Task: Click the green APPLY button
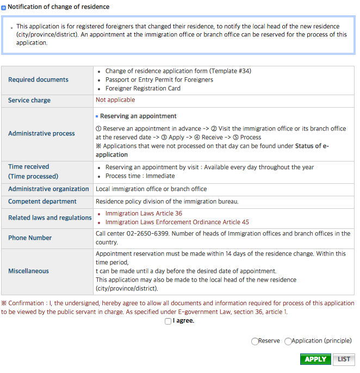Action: pyautogui.click(x=315, y=359)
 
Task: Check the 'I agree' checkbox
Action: pyautogui.click(x=167, y=321)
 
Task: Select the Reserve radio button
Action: pyautogui.click(x=255, y=341)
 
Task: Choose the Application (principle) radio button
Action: pyautogui.click(x=288, y=341)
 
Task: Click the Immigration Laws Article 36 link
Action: pyautogui.click(x=144, y=214)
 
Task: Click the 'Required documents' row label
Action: pyautogui.click(x=38, y=79)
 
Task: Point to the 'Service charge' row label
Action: pyautogui.click(x=29, y=101)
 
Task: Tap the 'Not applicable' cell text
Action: pyautogui.click(x=115, y=100)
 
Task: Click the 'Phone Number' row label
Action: pyautogui.click(x=30, y=238)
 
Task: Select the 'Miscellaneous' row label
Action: pyautogui.click(x=28, y=271)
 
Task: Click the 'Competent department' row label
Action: pyautogui.click(x=42, y=201)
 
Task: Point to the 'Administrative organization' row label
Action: pyautogui.click(x=48, y=189)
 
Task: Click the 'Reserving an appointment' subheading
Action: pyautogui.click(x=138, y=116)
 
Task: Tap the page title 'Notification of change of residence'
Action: pyautogui.click(x=59, y=7)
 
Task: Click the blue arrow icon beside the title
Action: pyautogui.click(x=4, y=8)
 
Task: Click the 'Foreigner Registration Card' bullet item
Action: pyautogui.click(x=143, y=88)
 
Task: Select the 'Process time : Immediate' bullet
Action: pyautogui.click(x=140, y=176)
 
